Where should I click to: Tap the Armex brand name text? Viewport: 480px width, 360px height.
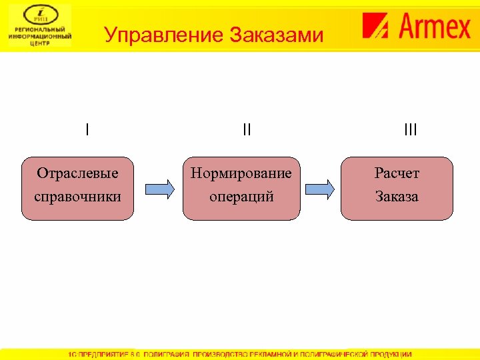(435, 27)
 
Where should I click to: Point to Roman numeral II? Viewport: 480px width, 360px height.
(247, 129)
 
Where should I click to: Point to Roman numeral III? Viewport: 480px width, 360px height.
(411, 129)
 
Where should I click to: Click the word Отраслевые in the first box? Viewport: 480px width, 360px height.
(77, 173)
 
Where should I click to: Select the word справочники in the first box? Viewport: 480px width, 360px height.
(77, 197)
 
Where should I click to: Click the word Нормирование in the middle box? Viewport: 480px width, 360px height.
(241, 173)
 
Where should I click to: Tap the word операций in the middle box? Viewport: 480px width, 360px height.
(241, 197)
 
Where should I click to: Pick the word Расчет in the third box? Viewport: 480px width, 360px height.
(397, 173)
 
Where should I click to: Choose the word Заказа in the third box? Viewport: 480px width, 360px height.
(397, 197)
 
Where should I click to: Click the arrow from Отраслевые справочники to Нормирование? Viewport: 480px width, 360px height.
(159, 189)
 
